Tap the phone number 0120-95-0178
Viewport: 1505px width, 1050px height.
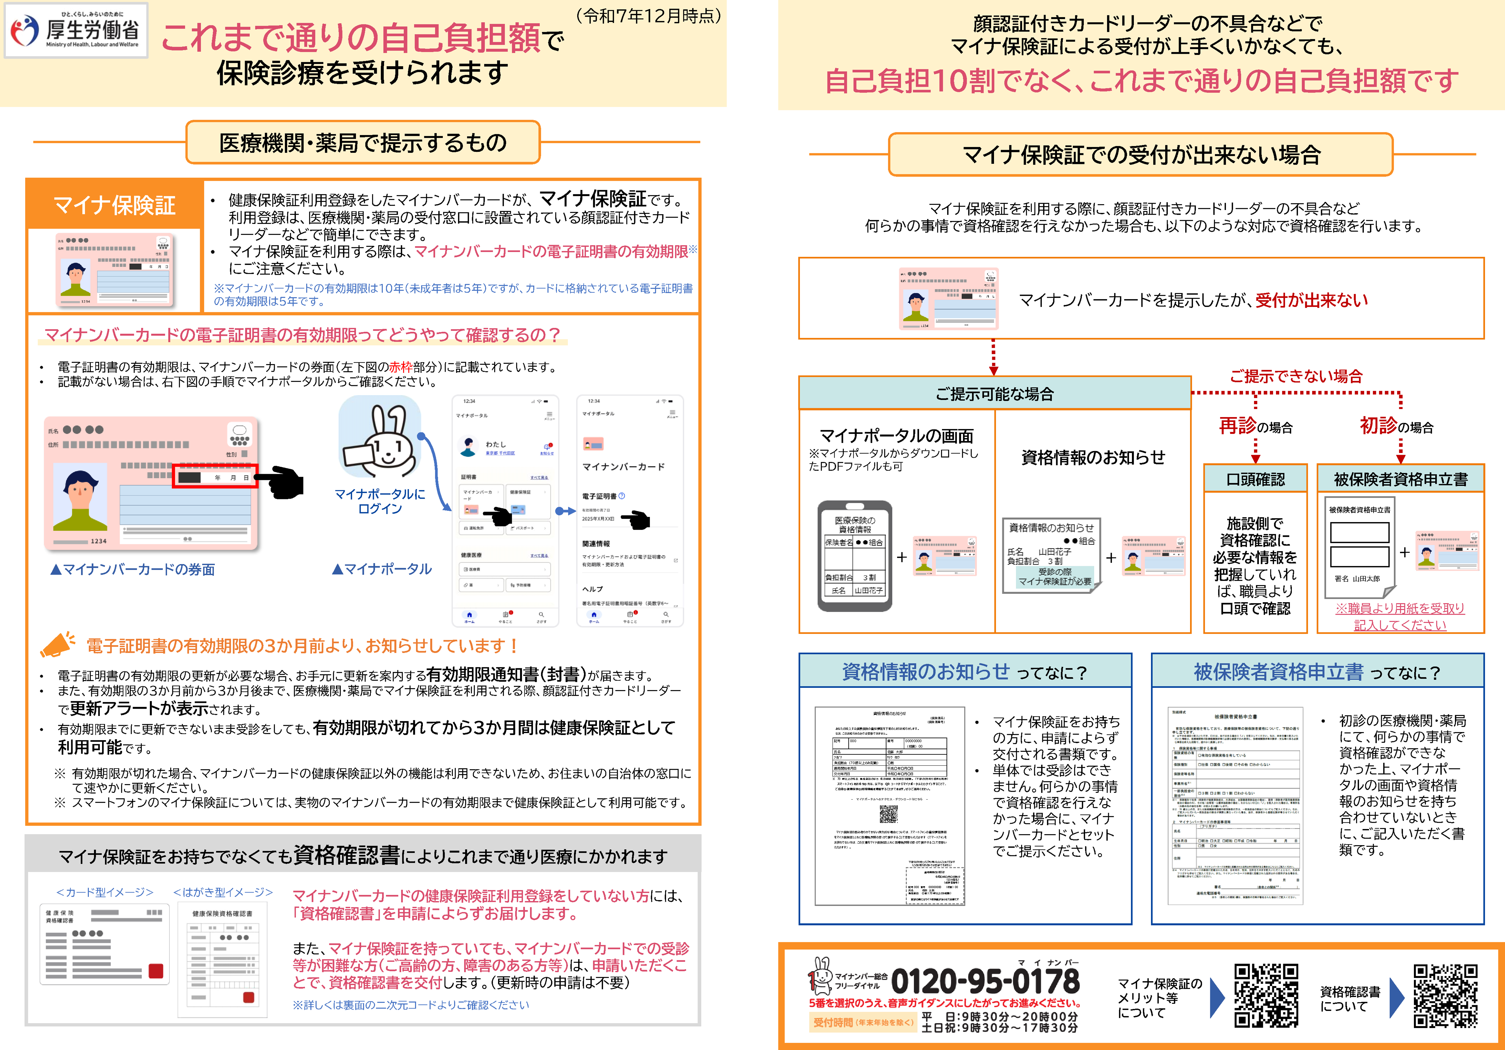(984, 981)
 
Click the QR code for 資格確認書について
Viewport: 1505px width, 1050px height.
(1445, 996)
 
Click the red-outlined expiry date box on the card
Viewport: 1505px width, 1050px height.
(215, 476)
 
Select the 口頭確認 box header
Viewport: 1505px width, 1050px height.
(1255, 479)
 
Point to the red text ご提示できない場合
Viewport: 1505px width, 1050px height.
(1296, 376)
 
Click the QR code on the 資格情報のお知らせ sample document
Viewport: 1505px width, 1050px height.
(888, 814)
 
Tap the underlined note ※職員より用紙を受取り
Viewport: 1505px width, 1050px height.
(1399, 608)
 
